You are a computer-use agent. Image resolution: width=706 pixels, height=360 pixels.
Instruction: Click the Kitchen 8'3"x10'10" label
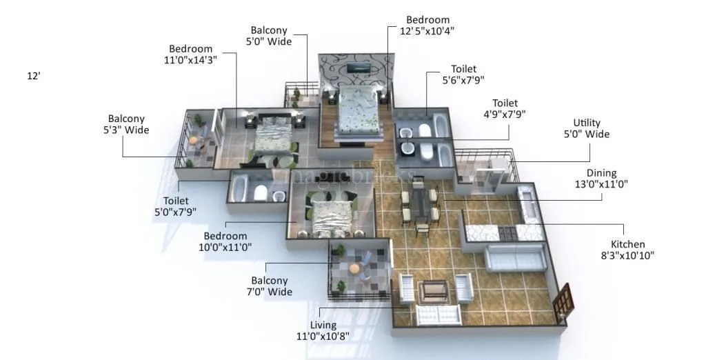pyautogui.click(x=627, y=250)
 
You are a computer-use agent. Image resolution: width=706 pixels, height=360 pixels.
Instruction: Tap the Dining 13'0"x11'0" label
pyautogui.click(x=601, y=179)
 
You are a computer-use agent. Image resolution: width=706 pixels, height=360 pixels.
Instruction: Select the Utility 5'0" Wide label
pyautogui.click(x=586, y=128)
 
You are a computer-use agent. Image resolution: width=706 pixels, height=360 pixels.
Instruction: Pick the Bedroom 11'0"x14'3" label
pyautogui.click(x=192, y=54)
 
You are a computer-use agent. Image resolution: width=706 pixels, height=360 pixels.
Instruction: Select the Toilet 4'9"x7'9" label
pyautogui.click(x=503, y=108)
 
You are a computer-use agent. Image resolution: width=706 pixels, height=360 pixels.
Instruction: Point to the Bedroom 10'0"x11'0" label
pyautogui.click(x=225, y=241)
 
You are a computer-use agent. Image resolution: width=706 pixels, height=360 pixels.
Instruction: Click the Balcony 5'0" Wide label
pyautogui.click(x=269, y=36)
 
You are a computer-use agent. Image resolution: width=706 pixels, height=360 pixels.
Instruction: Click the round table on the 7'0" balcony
pyautogui.click(x=354, y=269)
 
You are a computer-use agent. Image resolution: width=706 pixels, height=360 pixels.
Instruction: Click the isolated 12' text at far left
pyautogui.click(x=34, y=77)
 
